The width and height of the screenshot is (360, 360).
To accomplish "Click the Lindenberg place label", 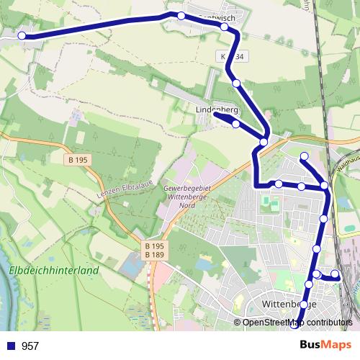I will point(217,109).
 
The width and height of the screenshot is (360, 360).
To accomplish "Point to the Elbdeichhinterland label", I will point(54,271).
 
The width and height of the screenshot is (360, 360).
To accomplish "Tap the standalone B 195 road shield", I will point(80,159).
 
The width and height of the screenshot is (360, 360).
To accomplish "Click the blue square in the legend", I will point(12,346).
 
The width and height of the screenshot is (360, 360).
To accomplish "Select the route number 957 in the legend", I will point(30,346).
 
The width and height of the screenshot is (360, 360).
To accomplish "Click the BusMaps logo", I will point(325,346).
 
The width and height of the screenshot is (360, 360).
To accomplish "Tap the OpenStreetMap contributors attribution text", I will point(297,323).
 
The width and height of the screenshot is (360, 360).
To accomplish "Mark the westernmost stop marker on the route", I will point(22,35).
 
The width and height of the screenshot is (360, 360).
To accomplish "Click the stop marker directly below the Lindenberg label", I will point(235,124).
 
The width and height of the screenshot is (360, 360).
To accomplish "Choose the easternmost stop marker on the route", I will point(335,274).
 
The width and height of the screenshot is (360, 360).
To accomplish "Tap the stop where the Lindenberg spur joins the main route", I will point(264,142).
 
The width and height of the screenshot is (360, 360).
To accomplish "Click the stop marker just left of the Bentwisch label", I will point(181,16).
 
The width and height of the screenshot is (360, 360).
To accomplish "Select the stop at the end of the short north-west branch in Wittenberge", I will point(304,156).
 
